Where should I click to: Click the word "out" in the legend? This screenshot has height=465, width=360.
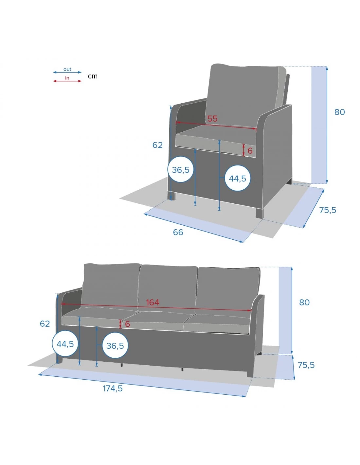tap(67, 69)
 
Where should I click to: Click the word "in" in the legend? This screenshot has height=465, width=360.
tap(67, 78)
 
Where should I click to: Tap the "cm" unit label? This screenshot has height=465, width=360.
tap(93, 76)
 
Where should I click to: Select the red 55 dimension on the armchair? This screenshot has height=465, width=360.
tap(212, 119)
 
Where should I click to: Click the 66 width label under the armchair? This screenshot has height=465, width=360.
tap(178, 232)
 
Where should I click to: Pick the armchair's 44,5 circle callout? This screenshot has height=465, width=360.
tap(237, 178)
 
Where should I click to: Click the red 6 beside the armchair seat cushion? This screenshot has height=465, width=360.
tap(250, 151)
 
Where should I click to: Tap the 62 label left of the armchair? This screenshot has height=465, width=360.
tap(157, 145)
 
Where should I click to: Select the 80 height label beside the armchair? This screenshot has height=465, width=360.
tap(340, 112)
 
